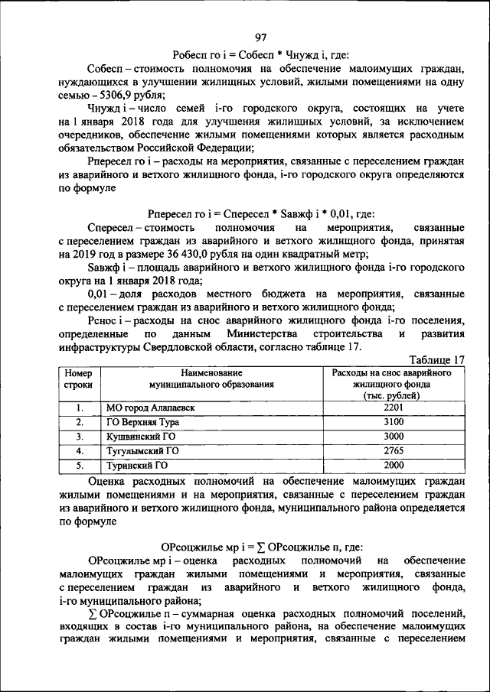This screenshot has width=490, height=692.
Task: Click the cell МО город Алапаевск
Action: [150, 408]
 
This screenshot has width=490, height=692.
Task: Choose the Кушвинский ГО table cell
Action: [139, 437]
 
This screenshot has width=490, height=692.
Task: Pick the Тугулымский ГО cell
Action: [142, 450]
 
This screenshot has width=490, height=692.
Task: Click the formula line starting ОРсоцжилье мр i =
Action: [261, 547]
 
